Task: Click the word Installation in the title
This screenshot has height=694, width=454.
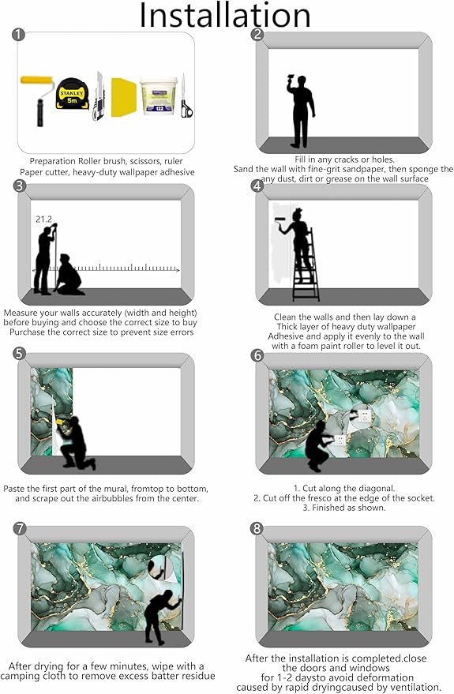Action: pyautogui.click(x=225, y=15)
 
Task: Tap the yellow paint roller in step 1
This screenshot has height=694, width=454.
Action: pyautogui.click(x=37, y=100)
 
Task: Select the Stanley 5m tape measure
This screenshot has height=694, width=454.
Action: pyautogui.click(x=71, y=93)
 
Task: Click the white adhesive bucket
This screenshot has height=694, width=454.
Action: pyautogui.click(x=159, y=96)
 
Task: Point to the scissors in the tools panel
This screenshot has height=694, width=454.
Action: pyautogui.click(x=186, y=96)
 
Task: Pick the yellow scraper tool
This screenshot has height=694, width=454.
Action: pyautogui.click(x=123, y=97)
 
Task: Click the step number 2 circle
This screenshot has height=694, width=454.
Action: pyautogui.click(x=257, y=35)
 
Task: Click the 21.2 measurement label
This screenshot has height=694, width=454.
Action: pyautogui.click(x=43, y=219)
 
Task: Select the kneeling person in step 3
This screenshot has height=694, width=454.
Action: pyautogui.click(x=68, y=276)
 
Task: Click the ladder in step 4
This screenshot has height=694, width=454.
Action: pyautogui.click(x=306, y=265)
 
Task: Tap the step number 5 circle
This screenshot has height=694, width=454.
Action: pyautogui.click(x=20, y=354)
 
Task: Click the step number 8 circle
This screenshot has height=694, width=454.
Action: pyautogui.click(x=257, y=528)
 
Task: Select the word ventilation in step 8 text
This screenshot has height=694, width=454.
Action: pyautogui.click(x=416, y=688)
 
